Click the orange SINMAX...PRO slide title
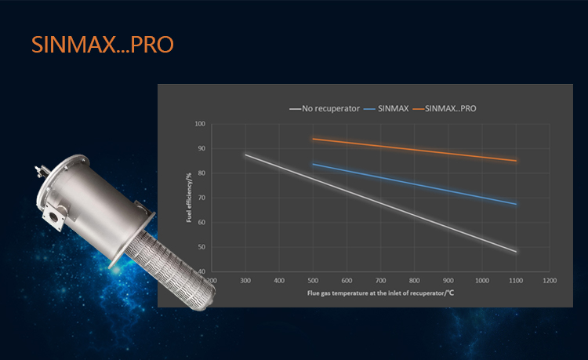click(103, 45)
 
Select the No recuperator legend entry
click(325, 109)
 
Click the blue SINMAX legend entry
click(387, 109)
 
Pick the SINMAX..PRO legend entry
click(445, 109)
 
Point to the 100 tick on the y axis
click(200, 124)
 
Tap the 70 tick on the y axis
click(201, 198)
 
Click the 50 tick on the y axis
click(201, 247)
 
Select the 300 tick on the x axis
click(245, 281)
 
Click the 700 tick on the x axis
click(380, 281)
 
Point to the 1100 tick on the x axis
click(516, 281)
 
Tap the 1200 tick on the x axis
click(550, 281)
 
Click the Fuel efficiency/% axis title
click(189, 198)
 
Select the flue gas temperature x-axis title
click(380, 293)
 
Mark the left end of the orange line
click(313, 139)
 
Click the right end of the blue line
click(516, 204)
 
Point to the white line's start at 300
click(245, 155)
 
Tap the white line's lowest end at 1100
click(516, 252)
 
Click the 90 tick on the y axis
click(201, 148)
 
